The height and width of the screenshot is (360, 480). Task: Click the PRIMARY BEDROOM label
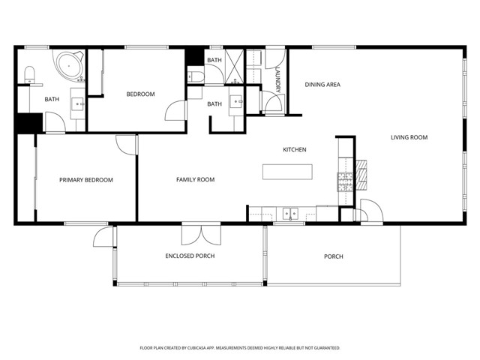pos(86,180)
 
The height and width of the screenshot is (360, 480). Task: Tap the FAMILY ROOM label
pos(195,180)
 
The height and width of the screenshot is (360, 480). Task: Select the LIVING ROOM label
pos(409,137)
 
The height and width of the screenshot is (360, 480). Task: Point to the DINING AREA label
pos(322,85)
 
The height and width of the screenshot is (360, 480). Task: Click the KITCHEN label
pos(294,150)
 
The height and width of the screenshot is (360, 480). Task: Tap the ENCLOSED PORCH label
pos(190,256)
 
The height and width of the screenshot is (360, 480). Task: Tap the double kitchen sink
pos(290,214)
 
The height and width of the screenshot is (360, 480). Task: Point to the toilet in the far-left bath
pos(29,73)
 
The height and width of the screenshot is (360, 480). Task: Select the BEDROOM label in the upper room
pos(140,94)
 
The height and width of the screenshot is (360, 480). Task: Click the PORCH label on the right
pos(334,256)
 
